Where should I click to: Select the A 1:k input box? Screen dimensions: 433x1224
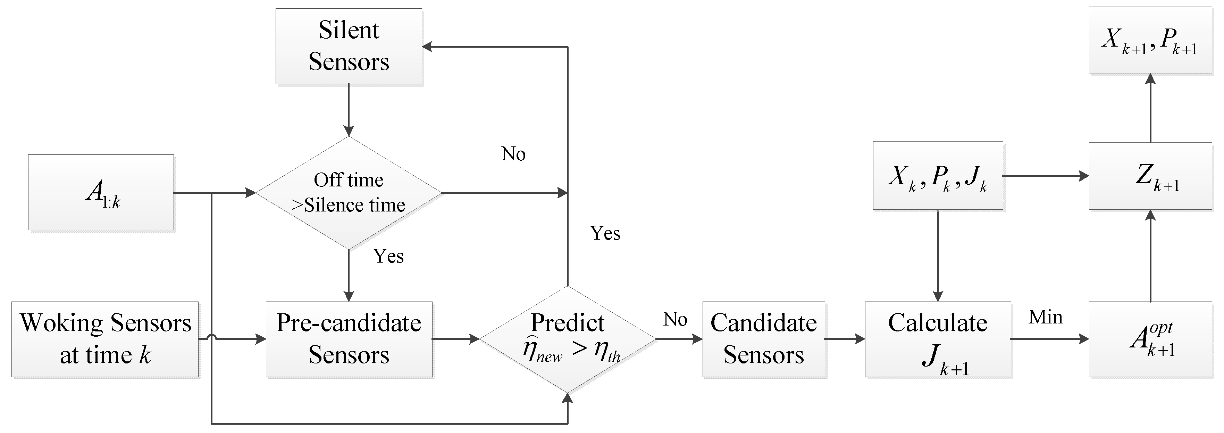pyautogui.click(x=101, y=192)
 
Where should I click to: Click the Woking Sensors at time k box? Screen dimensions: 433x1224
pyautogui.click(x=105, y=339)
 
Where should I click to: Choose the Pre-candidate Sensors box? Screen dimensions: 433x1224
pyautogui.click(x=349, y=339)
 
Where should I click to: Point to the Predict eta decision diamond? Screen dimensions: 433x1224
pyautogui.click(x=567, y=339)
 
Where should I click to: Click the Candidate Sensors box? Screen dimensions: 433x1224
pyautogui.click(x=764, y=339)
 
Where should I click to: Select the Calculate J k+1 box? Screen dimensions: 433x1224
pyautogui.click(x=938, y=339)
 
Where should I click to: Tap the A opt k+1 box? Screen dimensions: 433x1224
pyautogui.click(x=1150, y=339)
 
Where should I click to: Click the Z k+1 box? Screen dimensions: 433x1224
pyautogui.click(x=1150, y=176)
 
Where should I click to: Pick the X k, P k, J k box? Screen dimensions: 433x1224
pyautogui.click(x=938, y=176)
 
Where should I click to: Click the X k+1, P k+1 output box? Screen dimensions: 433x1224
pyautogui.click(x=1150, y=40)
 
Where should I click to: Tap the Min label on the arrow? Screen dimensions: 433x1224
pyautogui.click(x=1045, y=317)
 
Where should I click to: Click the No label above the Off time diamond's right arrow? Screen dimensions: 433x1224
pyautogui.click(x=513, y=154)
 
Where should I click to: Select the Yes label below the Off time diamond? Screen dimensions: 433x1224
pyautogui.click(x=388, y=256)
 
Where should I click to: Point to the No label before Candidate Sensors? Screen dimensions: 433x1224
pyautogui.click(x=675, y=319)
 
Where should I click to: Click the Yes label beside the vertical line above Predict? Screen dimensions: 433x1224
pyautogui.click(x=605, y=233)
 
